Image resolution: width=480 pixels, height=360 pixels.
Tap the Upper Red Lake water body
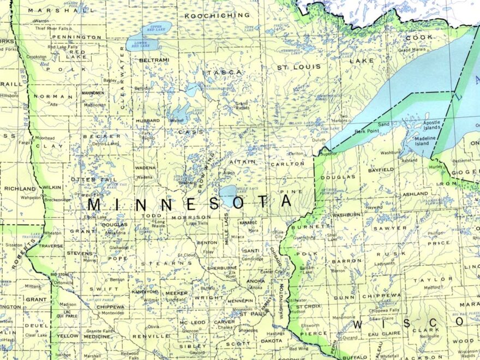click(x=157, y=28)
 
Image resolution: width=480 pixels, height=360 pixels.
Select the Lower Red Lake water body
click(x=141, y=43)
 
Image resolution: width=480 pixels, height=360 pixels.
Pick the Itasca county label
click(x=223, y=72)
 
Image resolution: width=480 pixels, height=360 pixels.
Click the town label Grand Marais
click(x=411, y=50)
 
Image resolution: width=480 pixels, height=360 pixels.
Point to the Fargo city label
click(x=25, y=143)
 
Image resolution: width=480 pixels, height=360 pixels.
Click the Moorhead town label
click(x=45, y=138)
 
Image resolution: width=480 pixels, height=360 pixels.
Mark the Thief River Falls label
click(x=52, y=28)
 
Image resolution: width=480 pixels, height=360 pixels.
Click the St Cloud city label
click(x=187, y=254)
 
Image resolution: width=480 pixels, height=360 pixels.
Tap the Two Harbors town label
click(x=343, y=118)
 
